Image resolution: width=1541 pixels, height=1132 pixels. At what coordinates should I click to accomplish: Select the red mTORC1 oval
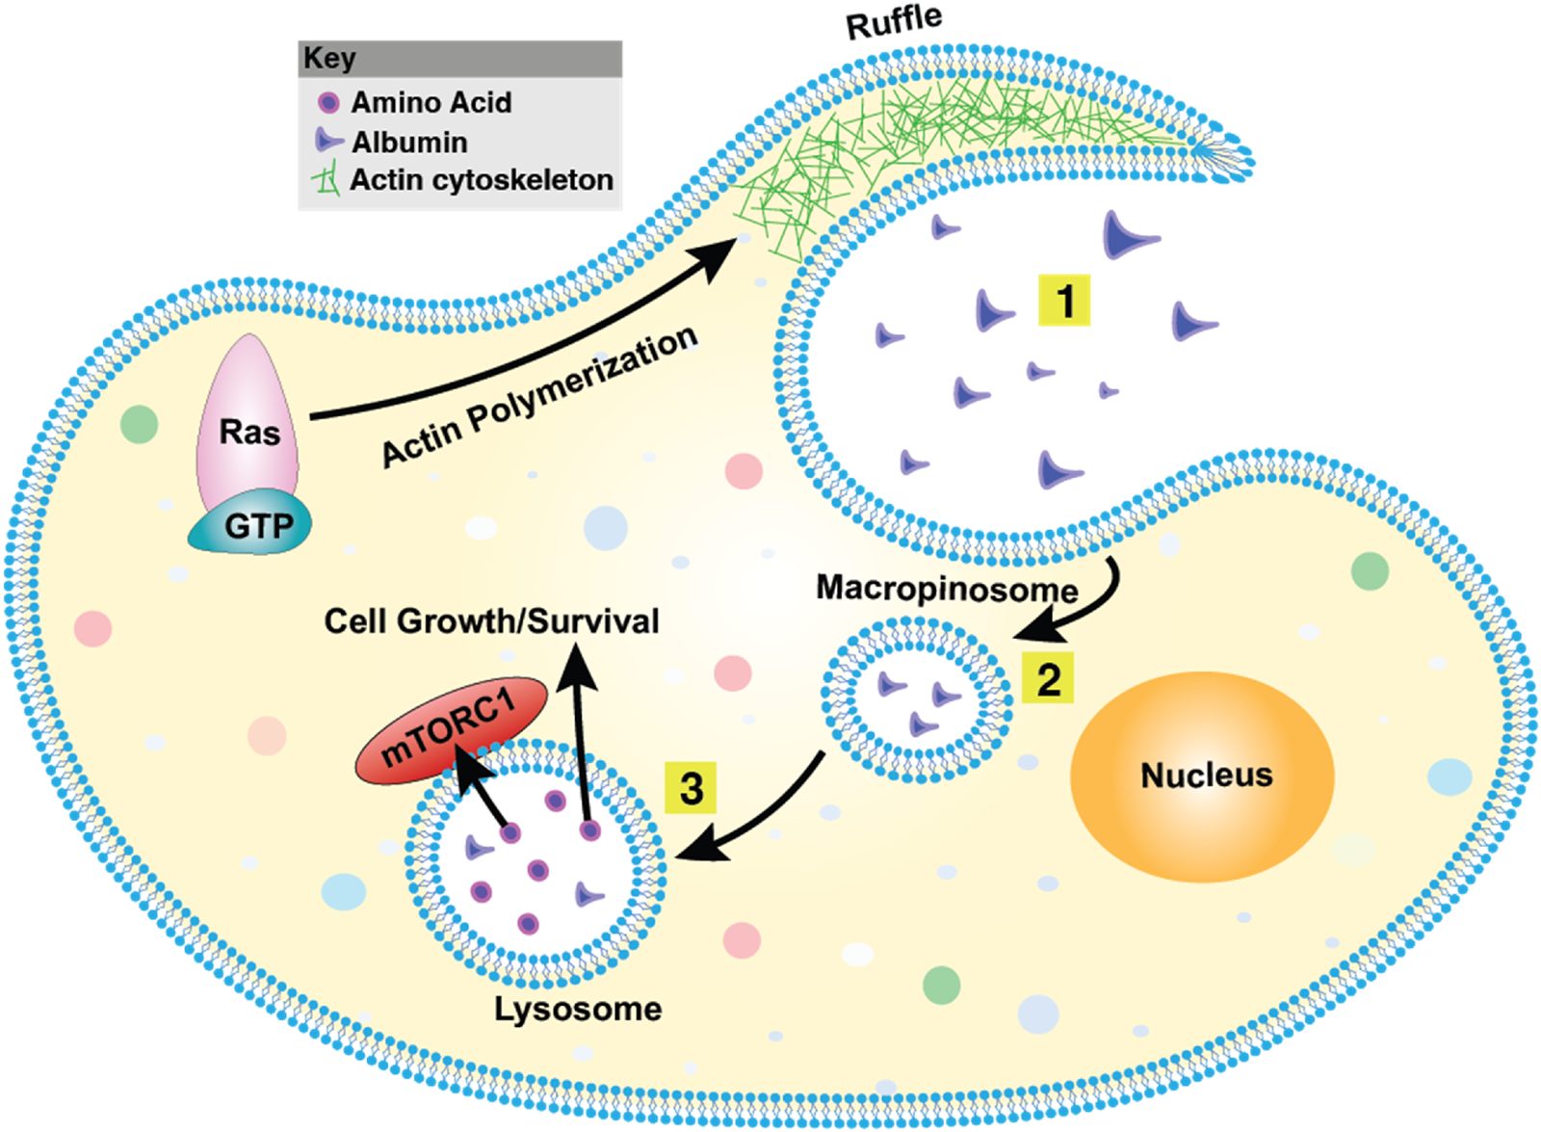coord(451,731)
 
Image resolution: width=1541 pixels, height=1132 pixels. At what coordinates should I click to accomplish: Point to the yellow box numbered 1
coord(1064,301)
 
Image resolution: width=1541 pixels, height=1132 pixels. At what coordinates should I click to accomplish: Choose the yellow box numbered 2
coord(1048,678)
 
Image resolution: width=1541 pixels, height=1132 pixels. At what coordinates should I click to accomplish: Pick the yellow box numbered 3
coord(691,788)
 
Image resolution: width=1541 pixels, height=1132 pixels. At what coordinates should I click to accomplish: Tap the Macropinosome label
coord(946,588)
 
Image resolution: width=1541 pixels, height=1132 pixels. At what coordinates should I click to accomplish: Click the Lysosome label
coord(578,1009)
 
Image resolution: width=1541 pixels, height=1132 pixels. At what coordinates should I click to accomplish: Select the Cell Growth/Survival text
coord(491,621)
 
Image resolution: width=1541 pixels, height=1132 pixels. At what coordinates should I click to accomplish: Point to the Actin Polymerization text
coord(539,396)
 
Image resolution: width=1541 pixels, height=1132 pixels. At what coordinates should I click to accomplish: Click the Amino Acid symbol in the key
coord(328,102)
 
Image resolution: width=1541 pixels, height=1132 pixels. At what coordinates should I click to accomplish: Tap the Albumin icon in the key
coord(327,141)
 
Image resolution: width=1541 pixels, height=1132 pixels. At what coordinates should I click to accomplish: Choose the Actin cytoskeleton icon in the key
coord(327,179)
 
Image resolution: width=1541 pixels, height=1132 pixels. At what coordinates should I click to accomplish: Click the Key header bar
coord(459,59)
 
